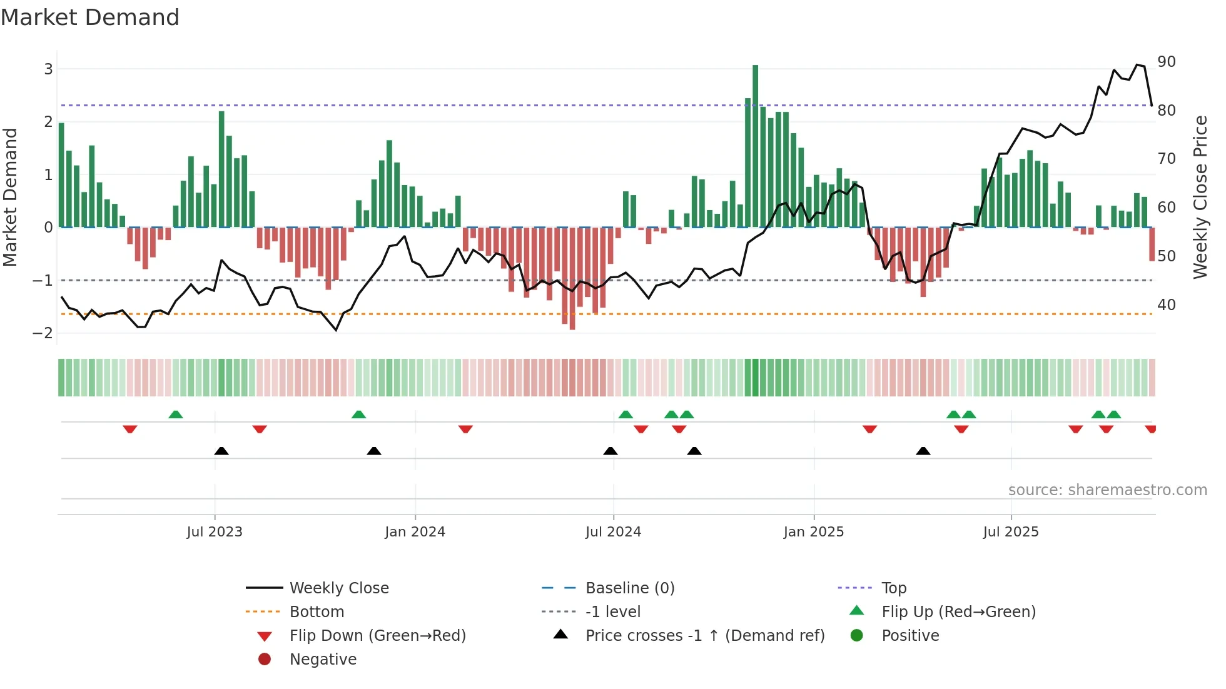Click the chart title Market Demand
(90, 18)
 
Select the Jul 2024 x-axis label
(613, 531)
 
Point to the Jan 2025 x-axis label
(813, 531)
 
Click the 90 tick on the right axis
(1167, 61)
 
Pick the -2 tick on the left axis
(43, 333)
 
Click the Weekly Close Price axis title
(1200, 197)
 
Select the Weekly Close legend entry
(338, 588)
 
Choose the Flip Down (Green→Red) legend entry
(377, 635)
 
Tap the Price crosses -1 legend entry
(704, 635)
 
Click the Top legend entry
(893, 588)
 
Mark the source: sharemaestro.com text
(1107, 490)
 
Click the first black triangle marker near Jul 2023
(221, 451)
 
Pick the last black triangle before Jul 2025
(923, 451)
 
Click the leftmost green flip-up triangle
(176, 415)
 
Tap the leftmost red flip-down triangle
(130, 429)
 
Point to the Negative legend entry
(322, 659)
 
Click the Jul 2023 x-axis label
(215, 531)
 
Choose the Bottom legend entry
(317, 611)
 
